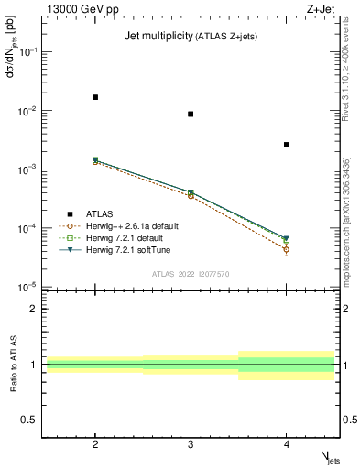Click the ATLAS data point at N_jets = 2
click(x=95, y=97)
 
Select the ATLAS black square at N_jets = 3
click(x=191, y=115)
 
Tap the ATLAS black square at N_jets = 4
click(x=287, y=145)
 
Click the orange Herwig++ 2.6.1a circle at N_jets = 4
click(x=287, y=249)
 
